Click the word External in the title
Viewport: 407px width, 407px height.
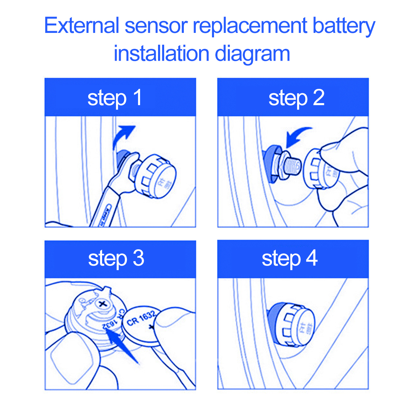[x=81, y=26]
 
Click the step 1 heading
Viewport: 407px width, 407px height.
[x=115, y=98]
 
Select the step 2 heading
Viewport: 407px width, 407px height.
[x=296, y=98]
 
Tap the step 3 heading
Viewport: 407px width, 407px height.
[x=116, y=258]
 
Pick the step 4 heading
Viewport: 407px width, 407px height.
[x=290, y=258]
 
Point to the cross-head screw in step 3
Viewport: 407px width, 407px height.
[x=102, y=304]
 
